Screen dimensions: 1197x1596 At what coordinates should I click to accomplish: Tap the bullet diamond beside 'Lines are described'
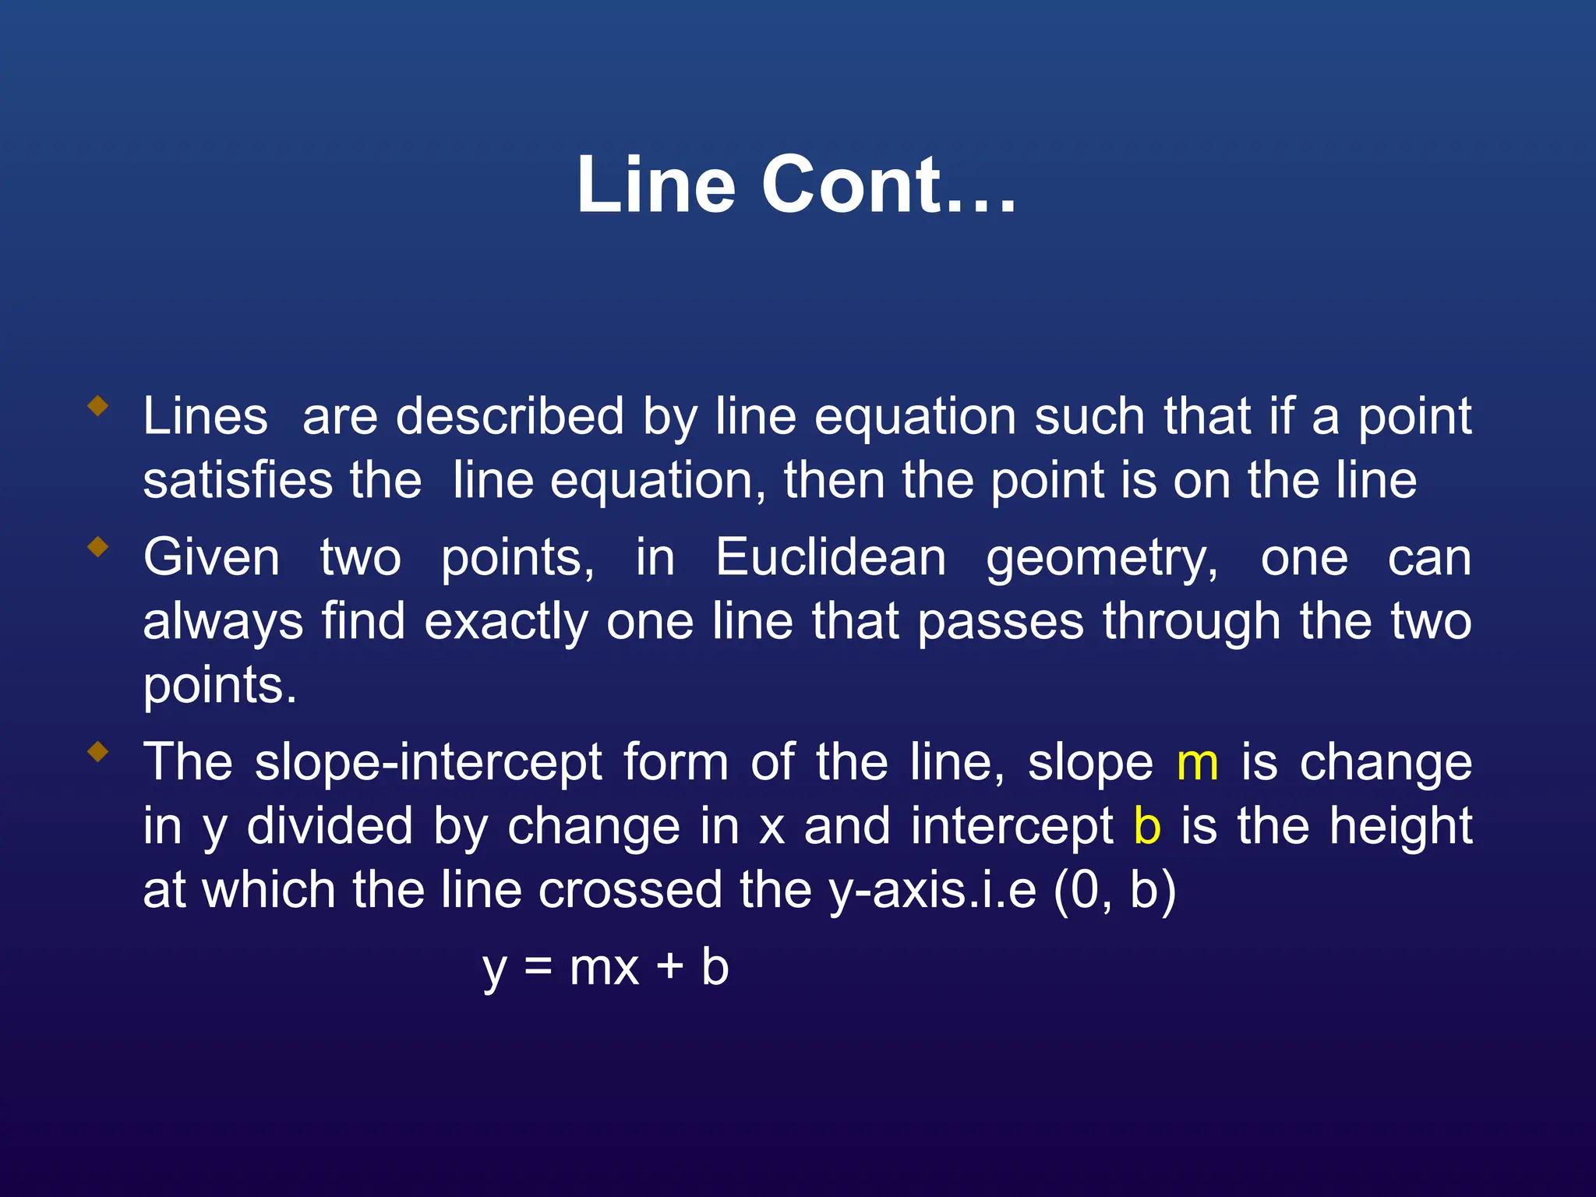point(98,405)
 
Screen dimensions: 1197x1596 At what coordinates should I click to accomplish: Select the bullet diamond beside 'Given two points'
point(98,547)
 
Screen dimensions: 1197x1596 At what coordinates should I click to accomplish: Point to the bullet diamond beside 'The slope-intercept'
point(98,752)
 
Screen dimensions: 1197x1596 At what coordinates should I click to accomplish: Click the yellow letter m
point(1197,764)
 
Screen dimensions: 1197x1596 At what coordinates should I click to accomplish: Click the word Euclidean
point(831,558)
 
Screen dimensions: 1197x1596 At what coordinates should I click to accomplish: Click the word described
point(510,416)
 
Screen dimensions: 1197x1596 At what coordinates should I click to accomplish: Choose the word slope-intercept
point(429,764)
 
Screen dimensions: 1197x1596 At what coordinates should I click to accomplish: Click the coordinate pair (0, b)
point(1114,890)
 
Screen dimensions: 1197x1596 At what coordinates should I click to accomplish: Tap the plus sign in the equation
point(670,968)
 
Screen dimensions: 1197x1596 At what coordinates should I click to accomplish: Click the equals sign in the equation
point(538,968)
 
